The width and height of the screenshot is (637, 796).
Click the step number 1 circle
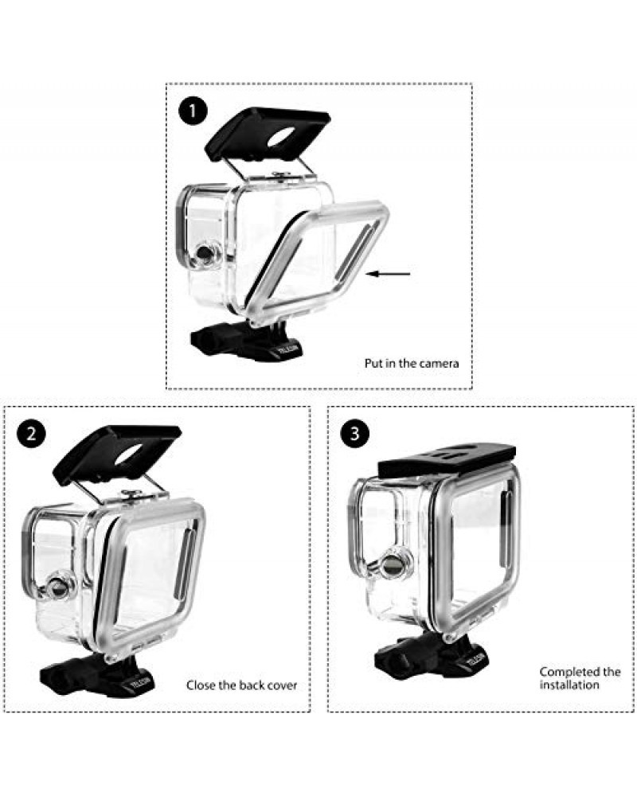[x=191, y=111]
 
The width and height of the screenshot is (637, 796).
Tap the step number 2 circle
[x=31, y=434]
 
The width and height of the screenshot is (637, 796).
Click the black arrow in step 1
[x=389, y=275]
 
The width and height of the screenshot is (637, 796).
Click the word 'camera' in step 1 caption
[x=440, y=364]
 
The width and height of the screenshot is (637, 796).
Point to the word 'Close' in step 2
[x=201, y=685]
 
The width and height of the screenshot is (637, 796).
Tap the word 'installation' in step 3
[x=569, y=685]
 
